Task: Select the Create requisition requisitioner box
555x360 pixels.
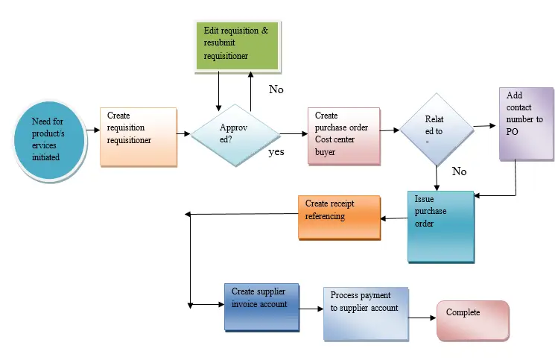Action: point(139,136)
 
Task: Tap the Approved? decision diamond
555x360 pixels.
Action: point(235,133)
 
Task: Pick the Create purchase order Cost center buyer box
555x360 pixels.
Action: point(343,134)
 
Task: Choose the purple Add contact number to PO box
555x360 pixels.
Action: point(526,124)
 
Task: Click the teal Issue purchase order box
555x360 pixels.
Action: point(440,227)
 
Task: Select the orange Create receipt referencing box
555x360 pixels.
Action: point(339,217)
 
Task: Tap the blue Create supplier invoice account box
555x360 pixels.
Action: point(261,306)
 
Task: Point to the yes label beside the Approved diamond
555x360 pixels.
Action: point(277,152)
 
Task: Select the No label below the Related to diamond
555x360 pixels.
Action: point(460,171)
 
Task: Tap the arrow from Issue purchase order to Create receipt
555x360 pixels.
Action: point(393,218)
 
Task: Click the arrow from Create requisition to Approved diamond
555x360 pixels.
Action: point(183,134)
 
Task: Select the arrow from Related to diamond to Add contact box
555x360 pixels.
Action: point(485,127)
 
